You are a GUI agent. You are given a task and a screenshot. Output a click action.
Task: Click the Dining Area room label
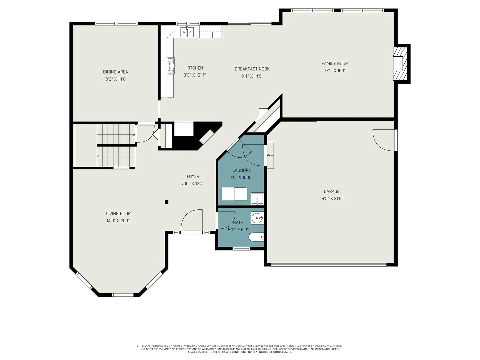click(x=115, y=72)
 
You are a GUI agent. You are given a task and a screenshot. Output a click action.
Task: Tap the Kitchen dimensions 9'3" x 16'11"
click(x=195, y=75)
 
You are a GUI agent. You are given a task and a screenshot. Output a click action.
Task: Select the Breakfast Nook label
click(x=252, y=69)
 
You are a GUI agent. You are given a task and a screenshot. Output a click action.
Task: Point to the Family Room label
click(x=335, y=63)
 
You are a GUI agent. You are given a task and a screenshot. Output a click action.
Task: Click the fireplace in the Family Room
click(x=400, y=64)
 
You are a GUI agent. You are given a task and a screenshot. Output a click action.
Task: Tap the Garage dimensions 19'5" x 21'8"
click(x=332, y=198)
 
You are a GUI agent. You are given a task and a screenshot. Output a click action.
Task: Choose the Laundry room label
click(x=242, y=170)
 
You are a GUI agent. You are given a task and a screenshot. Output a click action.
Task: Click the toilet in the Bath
click(x=256, y=237)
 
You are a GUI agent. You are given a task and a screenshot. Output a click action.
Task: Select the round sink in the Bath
click(x=257, y=218)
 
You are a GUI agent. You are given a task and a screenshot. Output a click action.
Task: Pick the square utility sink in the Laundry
click(x=257, y=199)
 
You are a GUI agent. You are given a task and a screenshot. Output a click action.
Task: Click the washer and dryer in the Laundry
click(x=234, y=194)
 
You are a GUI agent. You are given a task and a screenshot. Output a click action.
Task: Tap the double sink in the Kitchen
click(x=187, y=33)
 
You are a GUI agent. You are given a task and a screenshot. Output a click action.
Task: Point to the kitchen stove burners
click(x=171, y=66)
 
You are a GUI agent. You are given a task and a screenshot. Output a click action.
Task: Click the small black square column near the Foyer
click(x=167, y=202)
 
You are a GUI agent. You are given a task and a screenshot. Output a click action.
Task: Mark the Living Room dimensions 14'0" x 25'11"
click(x=119, y=221)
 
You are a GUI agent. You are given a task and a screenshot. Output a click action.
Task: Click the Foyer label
click(x=193, y=176)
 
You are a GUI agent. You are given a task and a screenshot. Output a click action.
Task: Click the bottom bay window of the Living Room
click(x=122, y=295)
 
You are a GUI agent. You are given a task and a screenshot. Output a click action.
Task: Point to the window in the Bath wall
click(x=241, y=249)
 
